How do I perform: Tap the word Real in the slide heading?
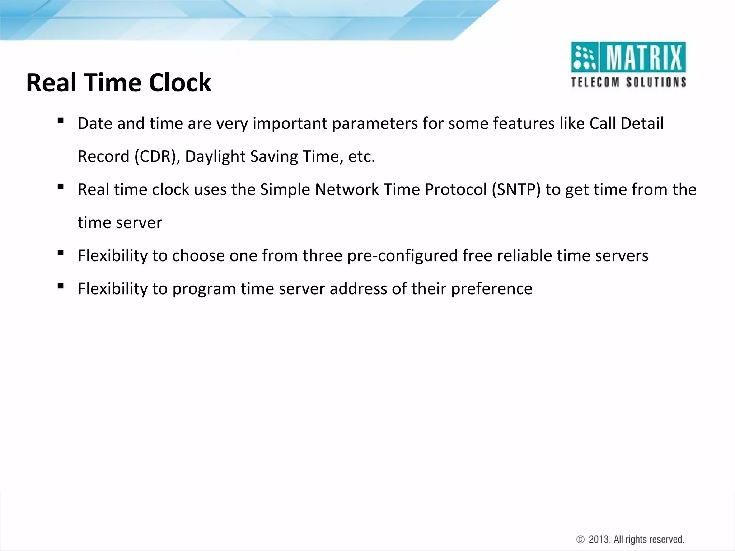pyautogui.click(x=52, y=83)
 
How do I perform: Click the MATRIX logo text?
pyautogui.click(x=643, y=57)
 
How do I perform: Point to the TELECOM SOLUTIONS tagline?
pyautogui.click(x=628, y=83)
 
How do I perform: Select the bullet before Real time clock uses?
pyautogui.click(x=60, y=187)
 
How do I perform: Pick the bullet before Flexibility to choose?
pyautogui.click(x=60, y=253)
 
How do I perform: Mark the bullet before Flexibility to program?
pyautogui.click(x=60, y=286)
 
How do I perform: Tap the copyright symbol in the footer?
pyautogui.click(x=580, y=540)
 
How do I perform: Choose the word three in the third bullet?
pyautogui.click(x=322, y=256)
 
